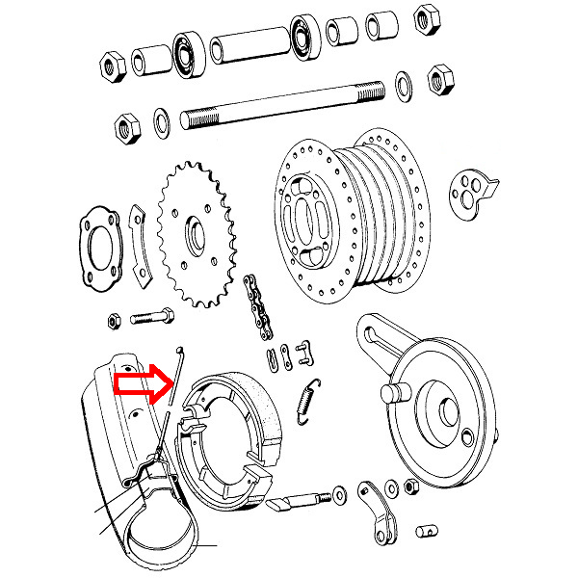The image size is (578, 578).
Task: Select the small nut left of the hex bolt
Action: point(115,317)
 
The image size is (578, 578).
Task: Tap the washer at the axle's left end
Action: point(162,121)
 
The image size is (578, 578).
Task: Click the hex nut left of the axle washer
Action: point(124,124)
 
